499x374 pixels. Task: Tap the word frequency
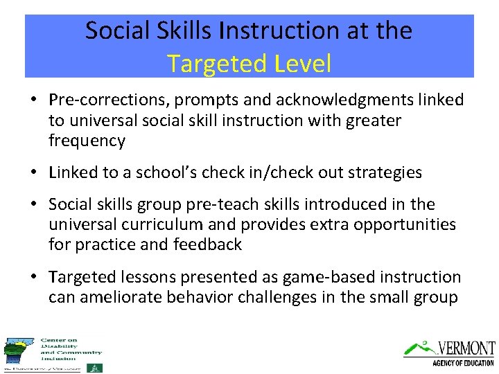tap(87, 141)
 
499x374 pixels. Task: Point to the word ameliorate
tap(123, 298)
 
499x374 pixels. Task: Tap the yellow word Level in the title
tap(303, 64)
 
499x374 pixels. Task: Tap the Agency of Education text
tap(462, 363)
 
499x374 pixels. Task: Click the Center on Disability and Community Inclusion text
tap(69, 349)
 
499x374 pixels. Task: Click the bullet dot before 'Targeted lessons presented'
tap(33, 278)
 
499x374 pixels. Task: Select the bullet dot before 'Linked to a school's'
tap(33, 173)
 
